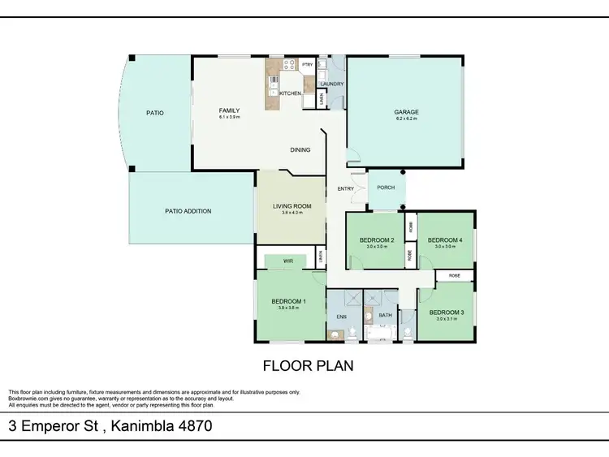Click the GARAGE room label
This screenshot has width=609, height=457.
click(x=405, y=113)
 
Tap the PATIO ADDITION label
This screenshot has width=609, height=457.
click(x=188, y=211)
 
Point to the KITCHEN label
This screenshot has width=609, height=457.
click(x=290, y=93)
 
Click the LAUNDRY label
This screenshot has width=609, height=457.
click(x=333, y=84)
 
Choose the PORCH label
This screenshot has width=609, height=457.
click(x=386, y=188)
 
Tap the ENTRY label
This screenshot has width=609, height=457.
click(x=345, y=189)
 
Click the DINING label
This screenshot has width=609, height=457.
click(x=301, y=150)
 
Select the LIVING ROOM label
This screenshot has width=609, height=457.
click(x=292, y=206)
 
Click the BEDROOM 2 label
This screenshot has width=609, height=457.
click(x=377, y=239)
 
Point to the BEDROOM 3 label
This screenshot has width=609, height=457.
click(x=446, y=313)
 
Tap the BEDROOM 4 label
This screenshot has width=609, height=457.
click(x=445, y=239)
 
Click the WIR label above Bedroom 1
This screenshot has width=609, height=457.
click(x=288, y=261)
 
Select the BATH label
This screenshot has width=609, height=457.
click(x=386, y=315)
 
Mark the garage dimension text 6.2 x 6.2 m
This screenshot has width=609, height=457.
click(x=405, y=119)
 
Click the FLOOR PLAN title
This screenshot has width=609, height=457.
click(x=307, y=366)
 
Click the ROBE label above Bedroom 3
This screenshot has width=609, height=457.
click(x=453, y=276)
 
